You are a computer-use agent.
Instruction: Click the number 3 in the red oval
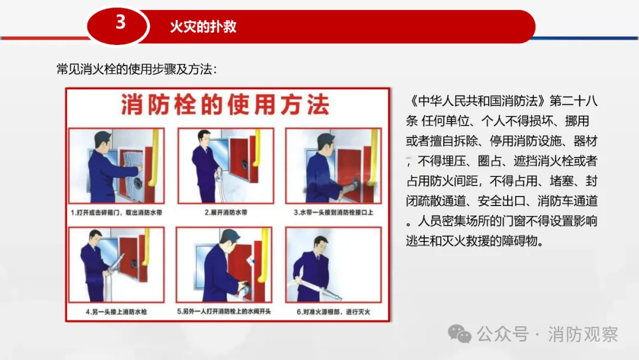[120, 22]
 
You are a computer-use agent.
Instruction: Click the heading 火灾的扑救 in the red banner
[203, 27]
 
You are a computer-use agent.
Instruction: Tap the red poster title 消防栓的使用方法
[225, 105]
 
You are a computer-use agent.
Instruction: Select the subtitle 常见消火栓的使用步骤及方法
[137, 69]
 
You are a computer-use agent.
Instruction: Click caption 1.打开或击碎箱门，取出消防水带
[117, 213]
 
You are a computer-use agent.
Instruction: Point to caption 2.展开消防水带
[226, 213]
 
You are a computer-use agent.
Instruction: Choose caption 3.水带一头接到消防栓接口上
[333, 213]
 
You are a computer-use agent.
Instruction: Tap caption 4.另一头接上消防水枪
[116, 312]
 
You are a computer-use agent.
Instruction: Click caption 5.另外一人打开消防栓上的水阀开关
[224, 311]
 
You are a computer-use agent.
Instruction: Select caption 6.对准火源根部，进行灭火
[333, 312]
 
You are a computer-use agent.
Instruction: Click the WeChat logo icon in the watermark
[460, 334]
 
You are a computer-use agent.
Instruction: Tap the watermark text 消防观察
[583, 335]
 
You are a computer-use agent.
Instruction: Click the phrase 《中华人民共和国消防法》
[477, 101]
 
